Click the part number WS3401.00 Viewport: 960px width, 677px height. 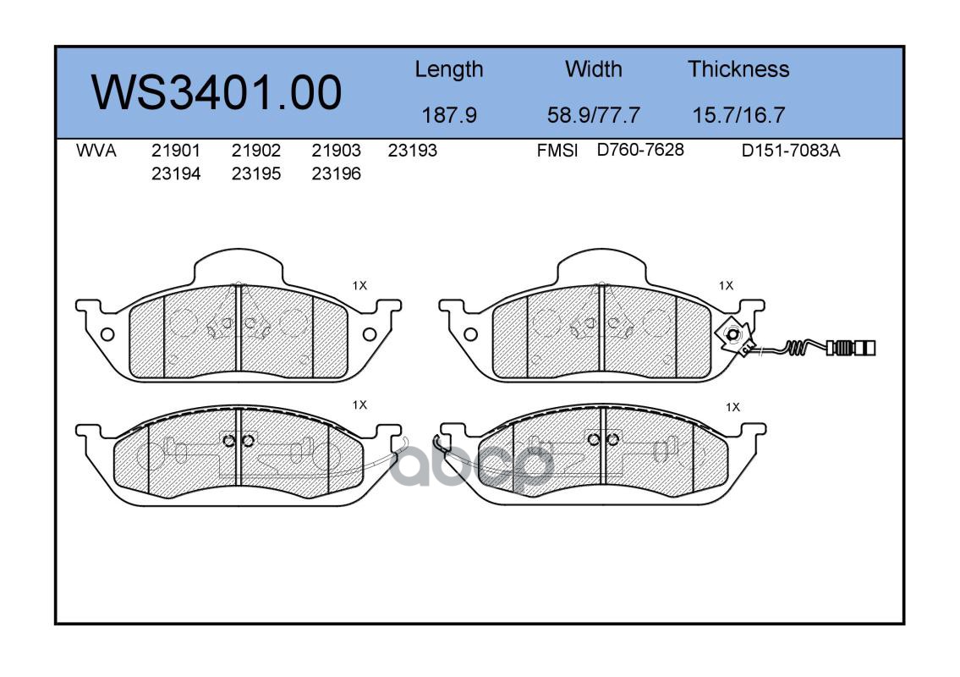[217, 92]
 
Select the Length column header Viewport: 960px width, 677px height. [449, 69]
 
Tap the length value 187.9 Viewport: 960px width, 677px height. [449, 114]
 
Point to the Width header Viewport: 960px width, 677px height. [593, 69]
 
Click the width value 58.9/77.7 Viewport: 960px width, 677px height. [593, 114]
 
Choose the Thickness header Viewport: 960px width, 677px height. [738, 69]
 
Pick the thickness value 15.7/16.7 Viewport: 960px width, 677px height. [738, 114]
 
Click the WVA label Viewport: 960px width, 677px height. [96, 150]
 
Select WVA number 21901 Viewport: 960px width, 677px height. [176, 150]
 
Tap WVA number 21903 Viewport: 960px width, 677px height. [336, 150]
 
